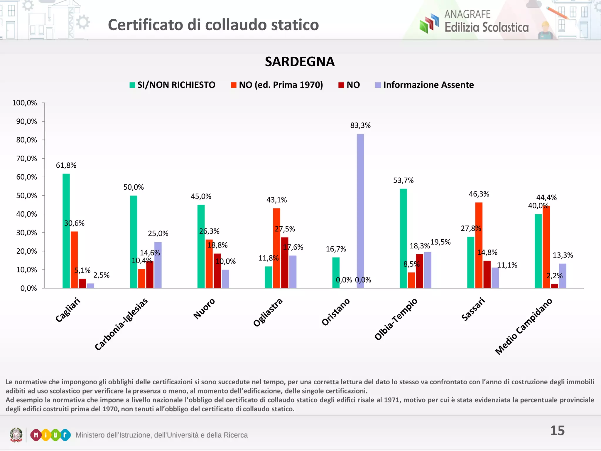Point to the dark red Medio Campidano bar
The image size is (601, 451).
click(554, 286)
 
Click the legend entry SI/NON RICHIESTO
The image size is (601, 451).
click(172, 85)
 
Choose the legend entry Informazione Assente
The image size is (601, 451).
click(424, 85)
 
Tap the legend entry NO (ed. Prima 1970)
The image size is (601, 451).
click(277, 85)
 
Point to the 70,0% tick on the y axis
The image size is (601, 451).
click(26, 159)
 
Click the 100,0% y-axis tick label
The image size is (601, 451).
click(24, 103)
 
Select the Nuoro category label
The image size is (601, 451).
click(204, 308)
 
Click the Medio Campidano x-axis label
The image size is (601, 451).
click(524, 326)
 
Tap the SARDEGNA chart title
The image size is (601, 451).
click(300, 62)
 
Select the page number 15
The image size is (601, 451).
click(557, 431)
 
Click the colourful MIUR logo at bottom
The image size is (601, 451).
click(50, 435)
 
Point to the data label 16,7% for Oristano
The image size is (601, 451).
click(336, 249)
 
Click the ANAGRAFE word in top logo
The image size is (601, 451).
click(467, 14)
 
